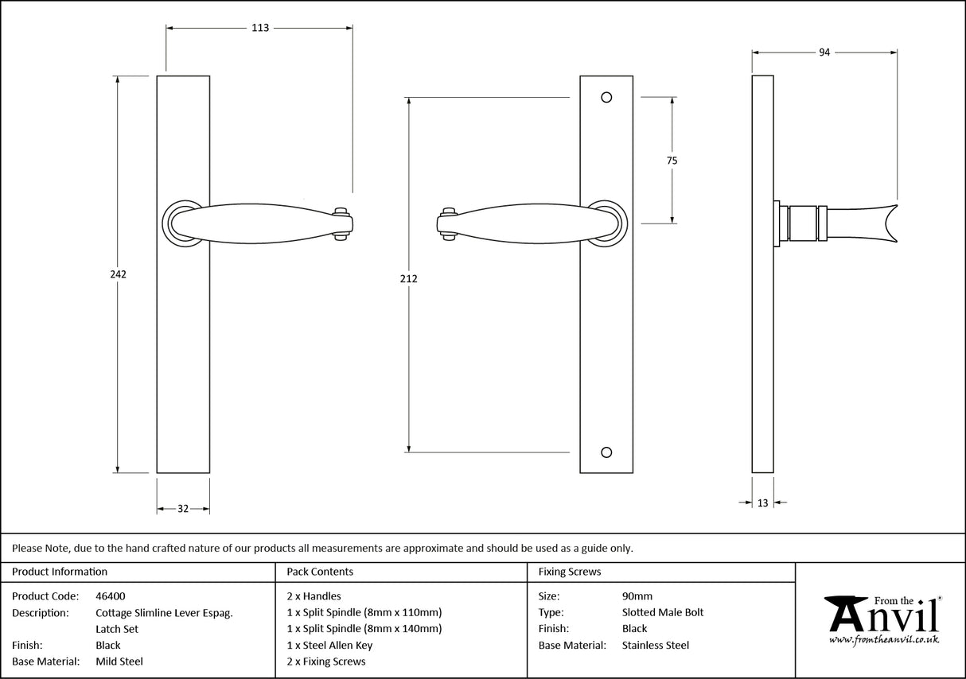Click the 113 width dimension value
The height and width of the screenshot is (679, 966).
tap(260, 28)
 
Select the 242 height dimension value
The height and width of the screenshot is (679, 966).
tap(118, 274)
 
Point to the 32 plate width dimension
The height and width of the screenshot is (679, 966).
tap(182, 509)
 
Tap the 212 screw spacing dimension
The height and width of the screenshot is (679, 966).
tap(409, 278)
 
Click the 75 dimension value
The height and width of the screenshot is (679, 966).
tap(672, 161)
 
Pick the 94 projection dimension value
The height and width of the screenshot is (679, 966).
tap(824, 52)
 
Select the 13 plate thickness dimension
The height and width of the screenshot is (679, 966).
tap(763, 502)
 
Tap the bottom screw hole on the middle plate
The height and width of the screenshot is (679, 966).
tap(606, 452)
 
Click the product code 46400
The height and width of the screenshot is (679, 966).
tap(110, 596)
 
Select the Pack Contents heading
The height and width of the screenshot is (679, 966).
tap(320, 572)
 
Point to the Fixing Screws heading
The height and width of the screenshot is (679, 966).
tap(570, 572)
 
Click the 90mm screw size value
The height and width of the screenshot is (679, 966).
tap(637, 596)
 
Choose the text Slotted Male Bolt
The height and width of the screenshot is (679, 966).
tap(663, 612)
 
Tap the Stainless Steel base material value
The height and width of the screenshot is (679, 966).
tap(655, 646)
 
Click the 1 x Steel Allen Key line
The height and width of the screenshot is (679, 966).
tap(329, 646)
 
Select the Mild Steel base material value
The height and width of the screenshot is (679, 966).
tap(119, 662)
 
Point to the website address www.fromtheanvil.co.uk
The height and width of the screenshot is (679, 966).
tap(883, 640)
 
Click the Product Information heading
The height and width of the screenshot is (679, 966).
tap(60, 572)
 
